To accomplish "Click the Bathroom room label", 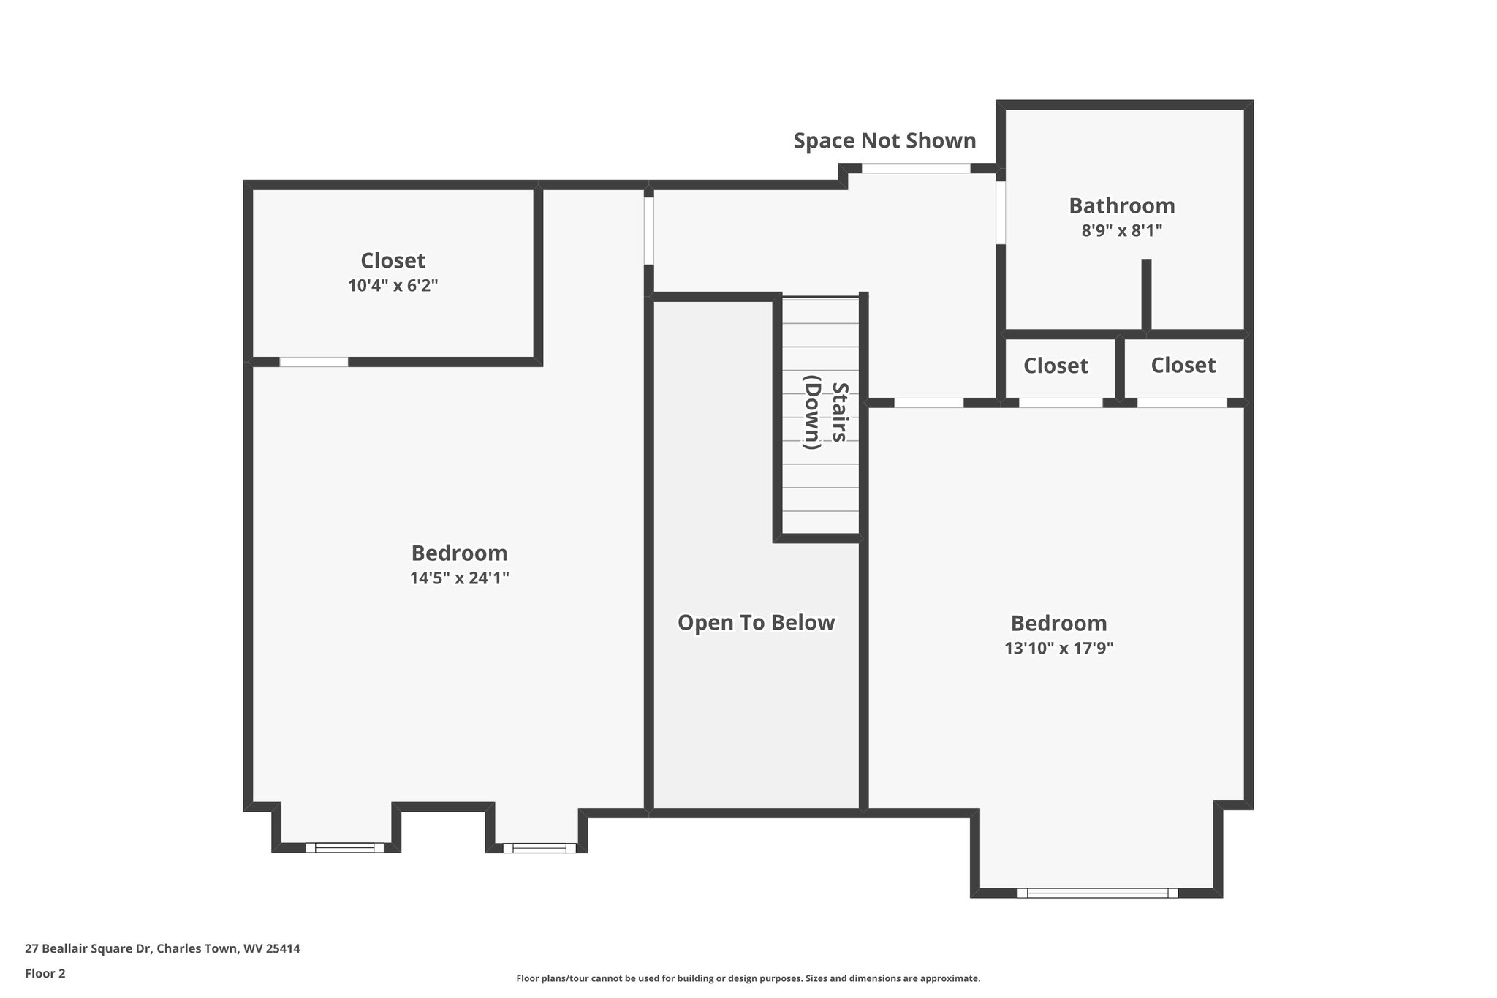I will (1121, 205).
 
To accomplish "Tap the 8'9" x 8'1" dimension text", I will (1121, 231).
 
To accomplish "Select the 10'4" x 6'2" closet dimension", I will (393, 285).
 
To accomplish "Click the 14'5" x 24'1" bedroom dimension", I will (459, 578).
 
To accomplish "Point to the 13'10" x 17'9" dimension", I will (1058, 649).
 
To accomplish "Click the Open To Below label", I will (756, 623).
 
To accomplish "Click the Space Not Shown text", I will (884, 140).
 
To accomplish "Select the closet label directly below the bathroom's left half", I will (1056, 366).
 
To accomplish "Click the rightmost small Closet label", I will (1183, 365).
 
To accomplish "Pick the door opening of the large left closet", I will (314, 361).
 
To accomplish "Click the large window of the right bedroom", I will (1097, 893).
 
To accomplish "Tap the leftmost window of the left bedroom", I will (344, 847).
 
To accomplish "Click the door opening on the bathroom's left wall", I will (1001, 212).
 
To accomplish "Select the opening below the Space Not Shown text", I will (916, 168).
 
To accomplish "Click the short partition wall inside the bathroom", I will (1146, 295).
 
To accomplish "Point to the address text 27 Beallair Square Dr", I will (162, 948).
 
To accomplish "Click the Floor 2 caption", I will (45, 973).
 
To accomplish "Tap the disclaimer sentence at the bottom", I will (748, 978).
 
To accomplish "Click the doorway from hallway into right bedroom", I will (928, 403).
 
